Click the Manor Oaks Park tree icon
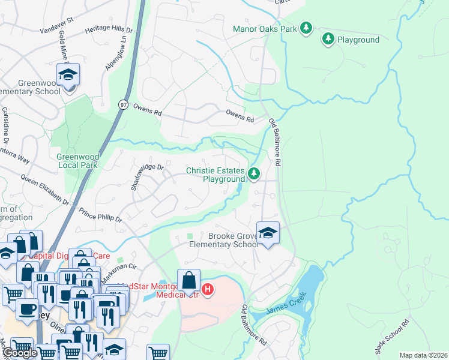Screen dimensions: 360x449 [x=306, y=28]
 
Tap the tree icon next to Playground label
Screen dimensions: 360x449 [x=328, y=39]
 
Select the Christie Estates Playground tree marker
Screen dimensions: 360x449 [x=255, y=174]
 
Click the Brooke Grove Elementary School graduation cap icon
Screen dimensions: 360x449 [x=268, y=232]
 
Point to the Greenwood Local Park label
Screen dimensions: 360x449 [x=77, y=160]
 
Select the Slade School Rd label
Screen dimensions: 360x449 [x=391, y=336]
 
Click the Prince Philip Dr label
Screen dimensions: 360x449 [x=100, y=215]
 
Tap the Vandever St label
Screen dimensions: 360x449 [x=56, y=25]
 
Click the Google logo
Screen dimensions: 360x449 [x=20, y=353]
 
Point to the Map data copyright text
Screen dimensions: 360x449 [x=423, y=355]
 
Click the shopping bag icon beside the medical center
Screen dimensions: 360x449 [x=188, y=280]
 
